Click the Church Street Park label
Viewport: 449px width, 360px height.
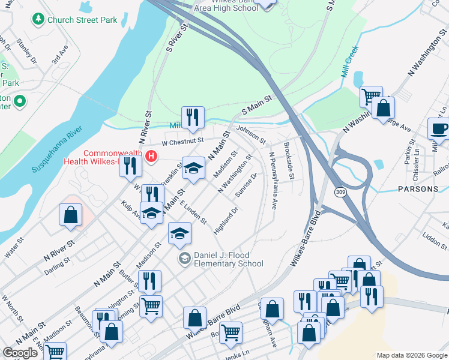83,20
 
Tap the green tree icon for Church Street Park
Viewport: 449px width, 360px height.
38,20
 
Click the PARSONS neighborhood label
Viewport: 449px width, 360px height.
418,189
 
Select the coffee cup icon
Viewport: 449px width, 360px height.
439,128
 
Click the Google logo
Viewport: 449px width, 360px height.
20,353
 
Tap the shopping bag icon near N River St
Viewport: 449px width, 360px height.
70,215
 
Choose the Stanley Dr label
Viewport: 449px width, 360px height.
26,52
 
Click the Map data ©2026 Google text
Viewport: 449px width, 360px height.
411,355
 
